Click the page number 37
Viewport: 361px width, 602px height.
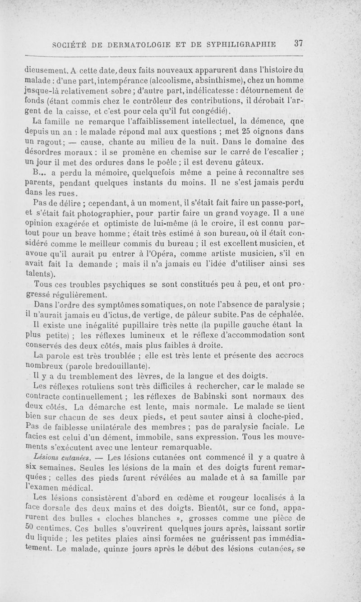(x=298, y=44)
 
